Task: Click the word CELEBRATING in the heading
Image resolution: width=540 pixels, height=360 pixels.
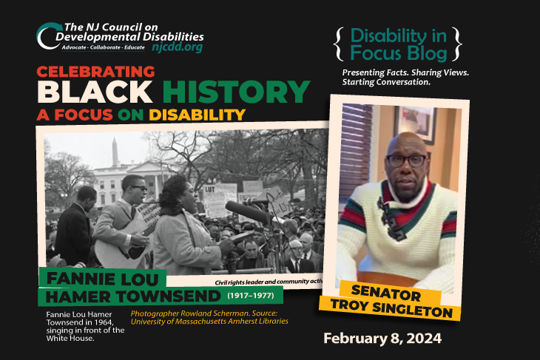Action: click(x=95, y=72)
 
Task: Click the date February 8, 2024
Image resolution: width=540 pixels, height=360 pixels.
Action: click(x=382, y=339)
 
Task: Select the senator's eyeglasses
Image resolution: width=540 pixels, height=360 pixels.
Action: click(x=405, y=160)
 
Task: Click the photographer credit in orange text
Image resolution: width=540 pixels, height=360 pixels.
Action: click(x=209, y=317)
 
